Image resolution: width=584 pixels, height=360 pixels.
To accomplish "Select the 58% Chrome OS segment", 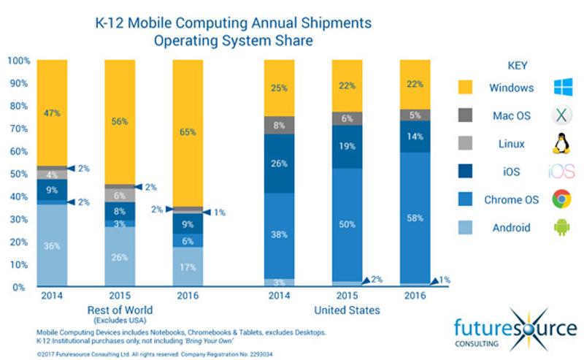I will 414,218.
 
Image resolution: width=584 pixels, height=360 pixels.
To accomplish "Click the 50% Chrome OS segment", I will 347,223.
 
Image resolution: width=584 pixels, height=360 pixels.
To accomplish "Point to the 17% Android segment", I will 188,267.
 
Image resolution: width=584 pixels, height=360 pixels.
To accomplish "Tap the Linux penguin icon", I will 561,144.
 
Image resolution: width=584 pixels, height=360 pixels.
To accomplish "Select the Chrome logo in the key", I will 561,199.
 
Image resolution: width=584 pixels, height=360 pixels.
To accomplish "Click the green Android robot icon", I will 561,227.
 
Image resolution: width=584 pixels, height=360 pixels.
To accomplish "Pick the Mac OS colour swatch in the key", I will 468,115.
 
